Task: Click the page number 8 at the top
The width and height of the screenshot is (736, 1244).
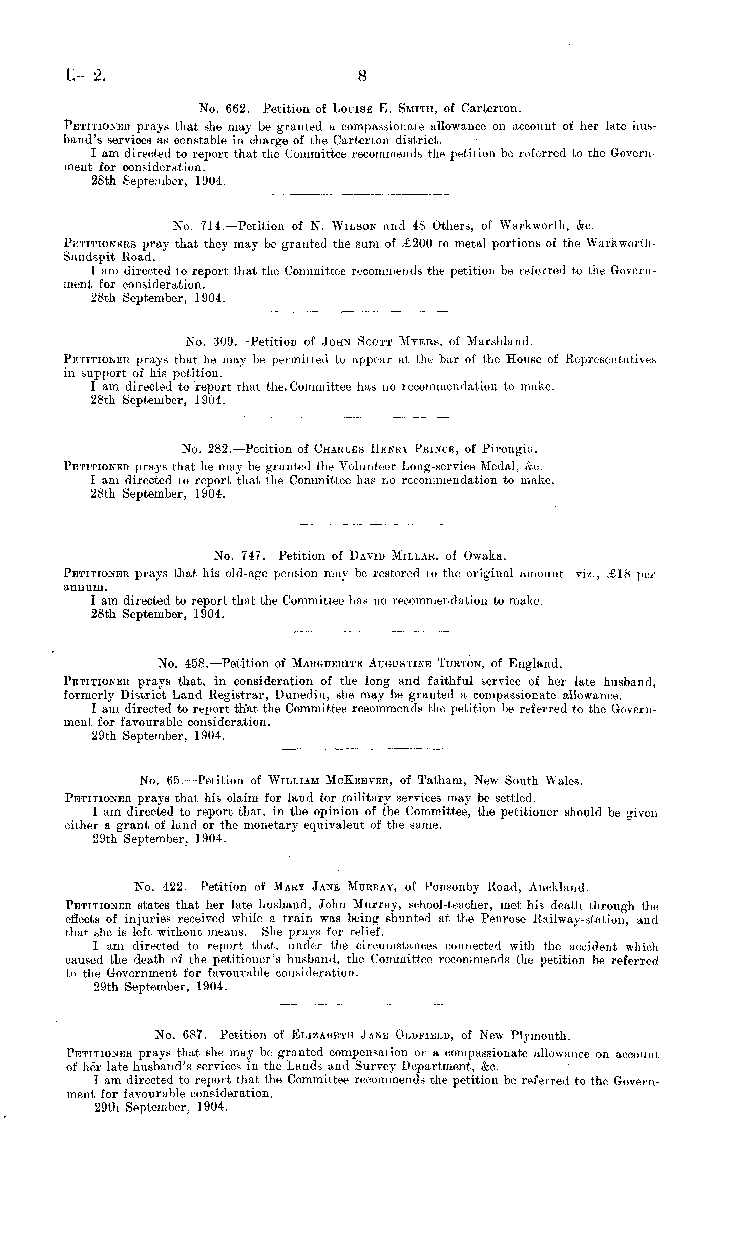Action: pyautogui.click(x=362, y=76)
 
